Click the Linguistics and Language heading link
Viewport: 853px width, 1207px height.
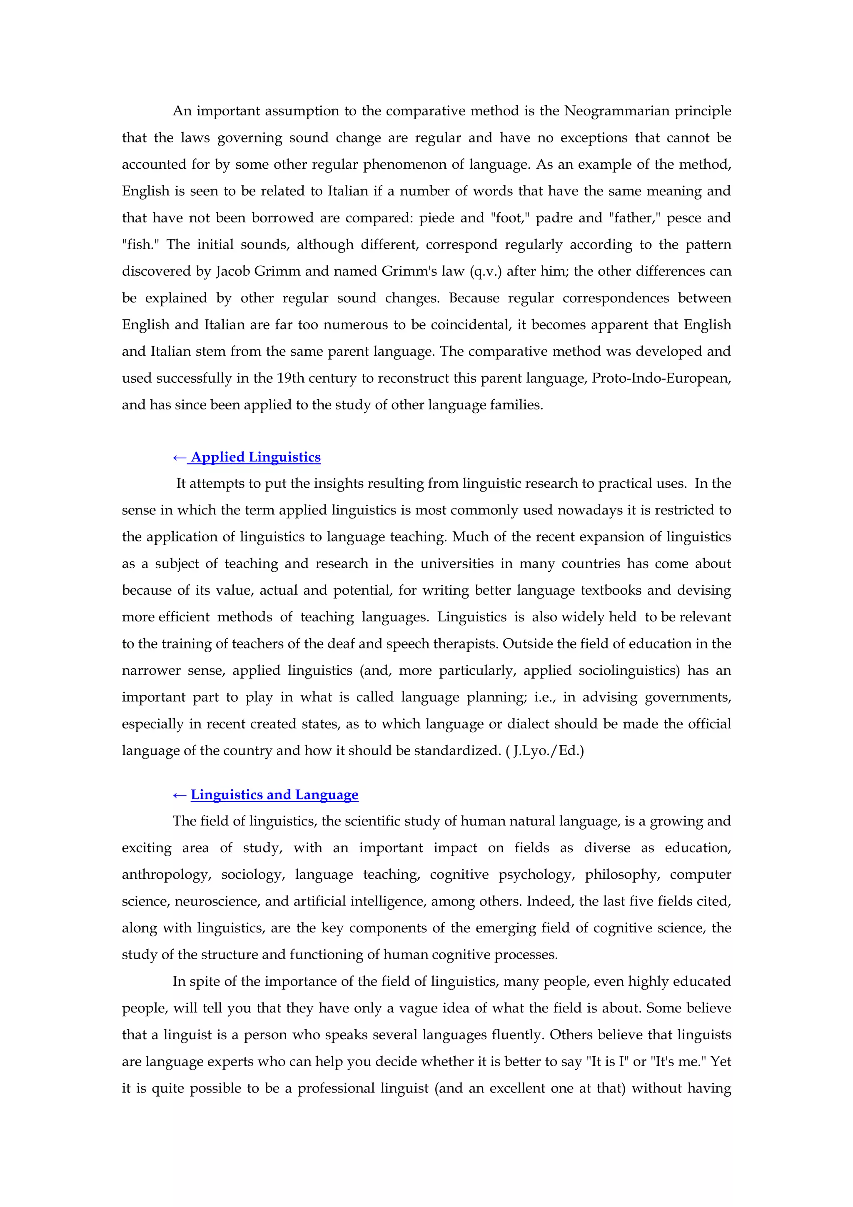pyautogui.click(x=274, y=795)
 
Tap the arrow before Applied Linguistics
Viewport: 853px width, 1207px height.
pyautogui.click(x=179, y=458)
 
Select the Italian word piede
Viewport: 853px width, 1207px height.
pyautogui.click(x=437, y=218)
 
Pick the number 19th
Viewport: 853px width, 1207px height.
pyautogui.click(x=291, y=379)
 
